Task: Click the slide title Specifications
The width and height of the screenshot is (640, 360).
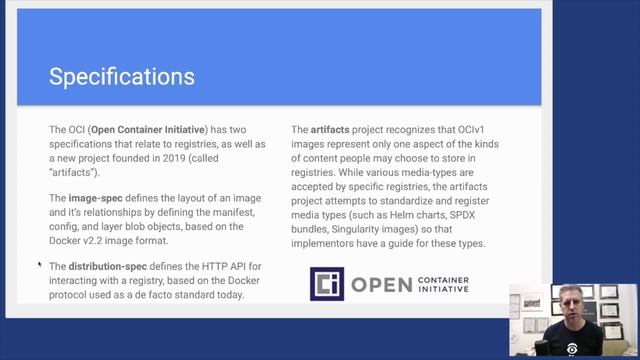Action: tap(122, 77)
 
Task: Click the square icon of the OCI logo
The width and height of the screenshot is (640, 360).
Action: tap(326, 284)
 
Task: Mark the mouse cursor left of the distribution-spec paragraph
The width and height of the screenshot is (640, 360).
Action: tap(40, 265)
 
